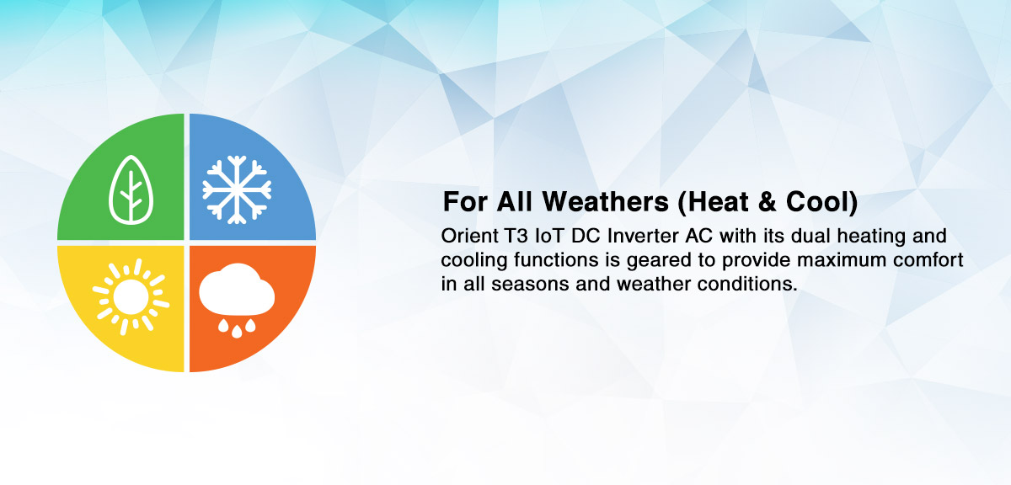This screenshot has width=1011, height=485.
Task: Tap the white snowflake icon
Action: [237, 189]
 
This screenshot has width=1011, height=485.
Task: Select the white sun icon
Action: [131, 297]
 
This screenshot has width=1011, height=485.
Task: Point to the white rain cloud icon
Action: [237, 290]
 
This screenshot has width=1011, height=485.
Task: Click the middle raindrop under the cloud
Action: [237, 332]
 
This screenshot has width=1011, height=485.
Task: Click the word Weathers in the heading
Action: [605, 201]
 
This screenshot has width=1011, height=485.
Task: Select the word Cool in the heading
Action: [817, 201]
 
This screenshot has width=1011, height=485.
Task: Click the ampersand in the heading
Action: [768, 202]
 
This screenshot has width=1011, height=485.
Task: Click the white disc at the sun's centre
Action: [131, 297]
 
